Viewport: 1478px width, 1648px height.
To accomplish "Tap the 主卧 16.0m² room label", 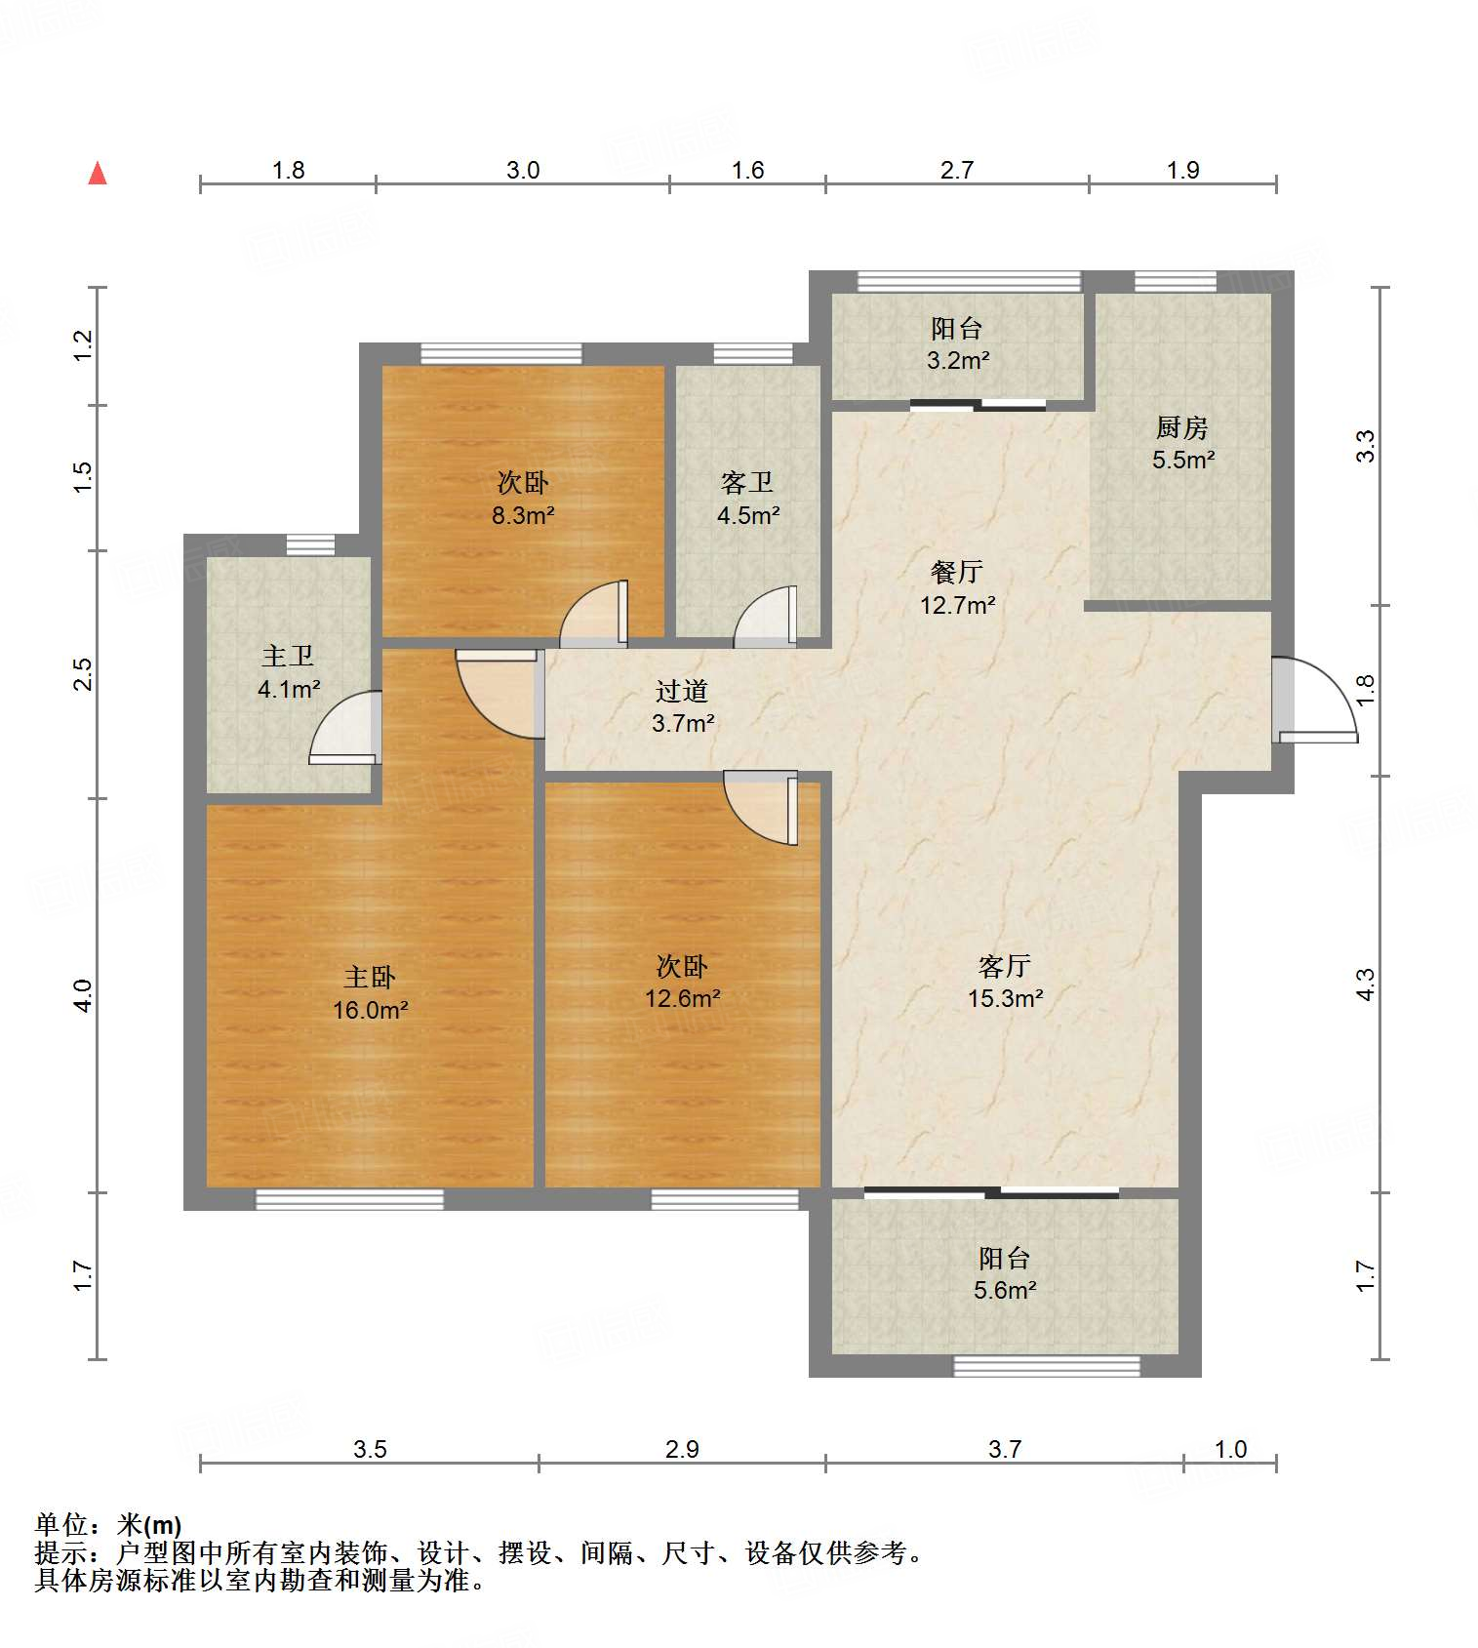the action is pyautogui.click(x=371, y=993).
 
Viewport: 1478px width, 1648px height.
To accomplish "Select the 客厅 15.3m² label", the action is pyautogui.click(x=1005, y=983).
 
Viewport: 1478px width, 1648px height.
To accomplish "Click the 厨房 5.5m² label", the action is pyautogui.click(x=1182, y=444).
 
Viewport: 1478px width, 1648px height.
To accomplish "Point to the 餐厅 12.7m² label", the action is pyautogui.click(x=957, y=588).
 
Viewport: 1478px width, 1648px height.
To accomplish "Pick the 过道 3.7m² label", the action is pyautogui.click(x=682, y=707).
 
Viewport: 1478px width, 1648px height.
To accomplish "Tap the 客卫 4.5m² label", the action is pyautogui.click(x=747, y=500).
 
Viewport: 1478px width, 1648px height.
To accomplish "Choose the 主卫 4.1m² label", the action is pyautogui.click(x=289, y=673).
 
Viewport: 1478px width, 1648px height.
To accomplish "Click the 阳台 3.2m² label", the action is pyautogui.click(x=957, y=344).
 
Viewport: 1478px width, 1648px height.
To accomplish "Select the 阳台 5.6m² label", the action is pyautogui.click(x=1005, y=1274).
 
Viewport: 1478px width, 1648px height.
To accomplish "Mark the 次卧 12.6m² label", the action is pyautogui.click(x=682, y=983).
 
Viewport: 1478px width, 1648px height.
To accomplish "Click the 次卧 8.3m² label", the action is pyautogui.click(x=523, y=499).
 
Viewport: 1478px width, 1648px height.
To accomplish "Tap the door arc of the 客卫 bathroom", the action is pyautogui.click(x=765, y=617).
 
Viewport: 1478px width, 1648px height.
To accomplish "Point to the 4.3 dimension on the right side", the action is pyautogui.click(x=1365, y=984).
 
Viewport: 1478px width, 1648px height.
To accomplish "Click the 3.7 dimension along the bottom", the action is pyautogui.click(x=1005, y=1449).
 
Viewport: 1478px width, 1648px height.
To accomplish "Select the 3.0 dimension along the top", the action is pyautogui.click(x=523, y=170).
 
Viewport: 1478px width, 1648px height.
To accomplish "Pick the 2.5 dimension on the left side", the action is pyautogui.click(x=83, y=674).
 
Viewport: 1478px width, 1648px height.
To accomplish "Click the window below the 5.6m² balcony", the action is pyautogui.click(x=1047, y=1366).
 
